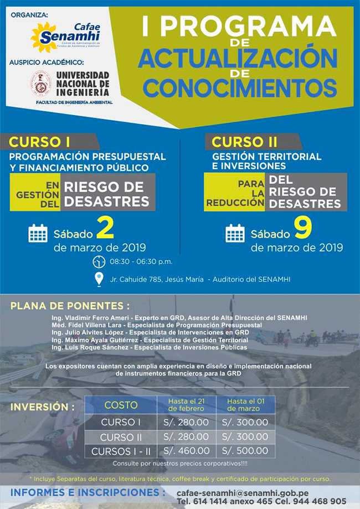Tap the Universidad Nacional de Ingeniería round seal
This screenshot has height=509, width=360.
tap(40, 83)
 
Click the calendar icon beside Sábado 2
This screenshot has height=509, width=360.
tap(38, 234)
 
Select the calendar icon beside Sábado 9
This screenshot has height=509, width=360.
tap(235, 234)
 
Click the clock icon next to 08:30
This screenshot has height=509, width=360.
tap(99, 261)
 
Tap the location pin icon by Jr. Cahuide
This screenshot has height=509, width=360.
tap(99, 279)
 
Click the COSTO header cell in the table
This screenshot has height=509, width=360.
tap(121, 405)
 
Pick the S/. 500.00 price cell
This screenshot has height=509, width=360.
tap(245, 451)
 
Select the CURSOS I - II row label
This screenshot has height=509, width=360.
tap(121, 451)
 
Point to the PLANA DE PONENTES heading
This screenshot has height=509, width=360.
tap(70, 305)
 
